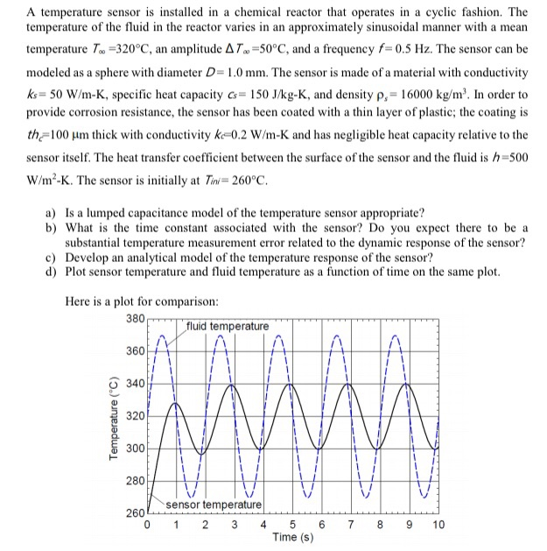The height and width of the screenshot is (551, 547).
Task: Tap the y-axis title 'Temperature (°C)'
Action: pyautogui.click(x=111, y=415)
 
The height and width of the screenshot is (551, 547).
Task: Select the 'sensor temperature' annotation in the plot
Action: pyautogui.click(x=214, y=505)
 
